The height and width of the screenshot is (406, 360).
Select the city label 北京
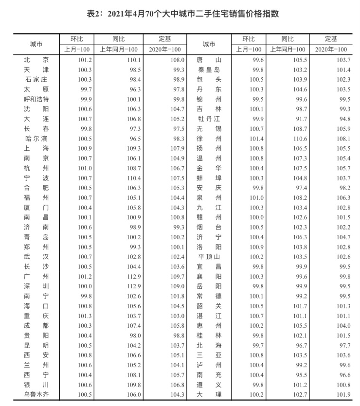pyautogui.click(x=36, y=60)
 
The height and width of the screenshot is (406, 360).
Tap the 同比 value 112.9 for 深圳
pyautogui.click(x=133, y=286)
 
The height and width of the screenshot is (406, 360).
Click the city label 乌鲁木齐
pyautogui.click(x=36, y=394)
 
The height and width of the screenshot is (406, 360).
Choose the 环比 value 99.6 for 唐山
pyautogui.click(x=257, y=60)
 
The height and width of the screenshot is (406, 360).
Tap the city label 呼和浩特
pyautogui.click(x=36, y=99)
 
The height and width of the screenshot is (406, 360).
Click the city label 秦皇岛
pyautogui.click(x=209, y=70)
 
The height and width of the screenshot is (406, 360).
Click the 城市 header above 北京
pyautogui.click(x=36, y=44)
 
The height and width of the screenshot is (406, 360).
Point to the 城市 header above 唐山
pyautogui.click(x=209, y=44)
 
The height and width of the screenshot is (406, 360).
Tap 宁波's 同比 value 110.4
pyautogui.click(x=133, y=178)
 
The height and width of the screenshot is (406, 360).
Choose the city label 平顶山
pyautogui.click(x=209, y=257)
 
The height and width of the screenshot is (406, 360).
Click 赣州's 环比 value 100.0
pyautogui.click(x=257, y=217)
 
